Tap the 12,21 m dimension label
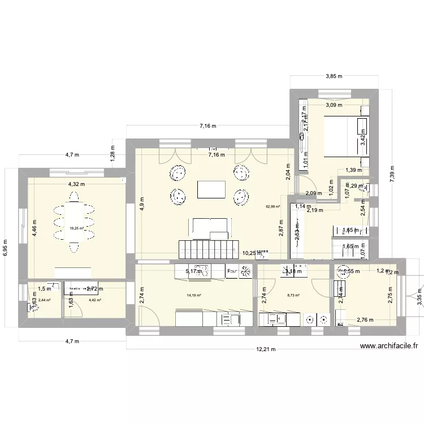pos(264,349)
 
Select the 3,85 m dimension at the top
pos(334,76)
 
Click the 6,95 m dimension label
pos(6,246)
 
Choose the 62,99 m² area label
pos(274,206)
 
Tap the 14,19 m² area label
pos(194,295)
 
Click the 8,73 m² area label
pos(293,295)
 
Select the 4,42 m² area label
pos(94,300)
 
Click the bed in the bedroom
pos(345,136)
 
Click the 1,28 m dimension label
pos(113,152)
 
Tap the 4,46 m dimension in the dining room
pos(34,227)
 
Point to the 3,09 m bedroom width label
pos(334,104)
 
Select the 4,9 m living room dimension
pos(142,202)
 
